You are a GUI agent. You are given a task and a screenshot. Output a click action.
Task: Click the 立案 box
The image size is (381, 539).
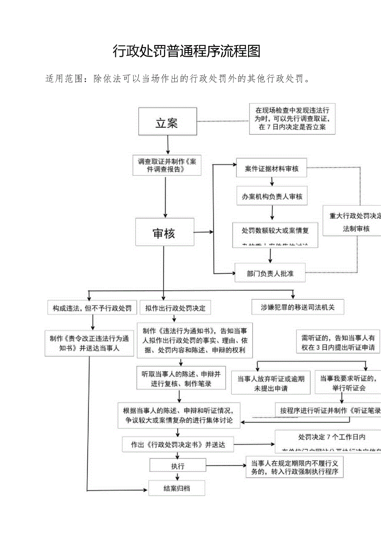coord(167,121)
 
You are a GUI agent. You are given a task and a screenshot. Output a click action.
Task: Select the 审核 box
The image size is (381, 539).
coord(164,233)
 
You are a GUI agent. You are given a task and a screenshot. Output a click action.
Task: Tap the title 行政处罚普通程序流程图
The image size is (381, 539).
coord(187,51)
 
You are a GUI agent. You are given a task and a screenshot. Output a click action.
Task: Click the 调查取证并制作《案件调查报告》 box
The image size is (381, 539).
coord(167,165)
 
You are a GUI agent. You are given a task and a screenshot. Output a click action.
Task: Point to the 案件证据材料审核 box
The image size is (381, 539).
coord(272,169)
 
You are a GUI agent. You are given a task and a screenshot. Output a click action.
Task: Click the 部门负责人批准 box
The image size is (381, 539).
coord(270,273)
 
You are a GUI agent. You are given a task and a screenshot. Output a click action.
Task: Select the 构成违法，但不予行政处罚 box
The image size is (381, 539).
coord(92,308)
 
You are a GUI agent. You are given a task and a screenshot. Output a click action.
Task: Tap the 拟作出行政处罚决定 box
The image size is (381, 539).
coord(176,308)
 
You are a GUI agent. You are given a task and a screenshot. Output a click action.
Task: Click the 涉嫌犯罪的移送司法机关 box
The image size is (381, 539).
coord(297,307)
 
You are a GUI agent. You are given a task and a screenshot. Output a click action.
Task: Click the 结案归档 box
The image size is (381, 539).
coord(176,488)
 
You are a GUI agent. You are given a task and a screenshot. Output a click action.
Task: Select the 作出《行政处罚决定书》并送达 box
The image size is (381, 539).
coord(178,445)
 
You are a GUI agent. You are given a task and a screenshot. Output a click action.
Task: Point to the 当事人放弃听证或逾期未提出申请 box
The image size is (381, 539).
coord(271,383)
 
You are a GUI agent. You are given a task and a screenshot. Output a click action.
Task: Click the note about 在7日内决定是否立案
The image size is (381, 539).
coord(292,119)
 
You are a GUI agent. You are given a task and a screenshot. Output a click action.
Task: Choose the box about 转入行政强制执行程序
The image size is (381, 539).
coord(294,467)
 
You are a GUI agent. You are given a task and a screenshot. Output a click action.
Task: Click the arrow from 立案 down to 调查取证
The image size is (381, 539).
coord(168,144)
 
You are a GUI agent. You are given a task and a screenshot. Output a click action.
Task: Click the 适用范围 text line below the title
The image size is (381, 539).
coord(178,79)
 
